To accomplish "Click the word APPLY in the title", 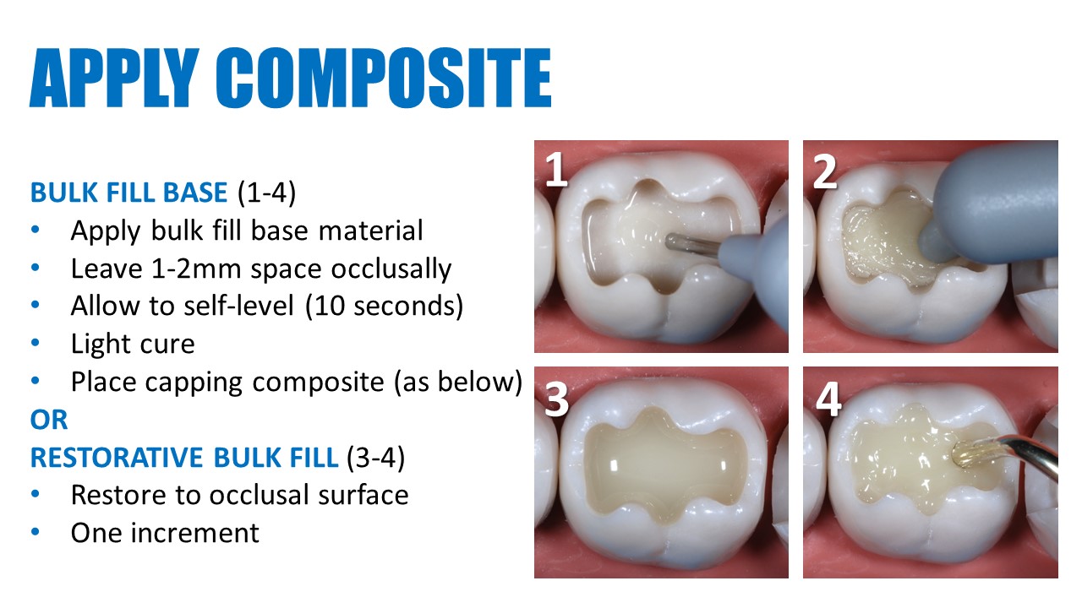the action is pos(114,77).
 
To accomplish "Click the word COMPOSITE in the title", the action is pos(384,77).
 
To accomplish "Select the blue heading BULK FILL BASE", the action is pos(128,193).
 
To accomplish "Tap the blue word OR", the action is pos(49,420).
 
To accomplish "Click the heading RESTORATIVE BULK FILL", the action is pos(184,458).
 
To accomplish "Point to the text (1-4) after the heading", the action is pos(266,193).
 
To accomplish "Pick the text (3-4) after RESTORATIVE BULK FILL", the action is pos(376,458).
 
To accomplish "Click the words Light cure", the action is pos(133,344).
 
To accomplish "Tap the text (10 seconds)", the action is pos(385,306).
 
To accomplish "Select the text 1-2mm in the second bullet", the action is pos(196,269).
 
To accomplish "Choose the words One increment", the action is pos(165,533).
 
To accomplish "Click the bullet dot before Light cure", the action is pos(36,343).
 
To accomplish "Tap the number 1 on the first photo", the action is pos(556,168).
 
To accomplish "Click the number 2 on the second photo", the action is pos(824,171).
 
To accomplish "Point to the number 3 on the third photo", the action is pos(556,399).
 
